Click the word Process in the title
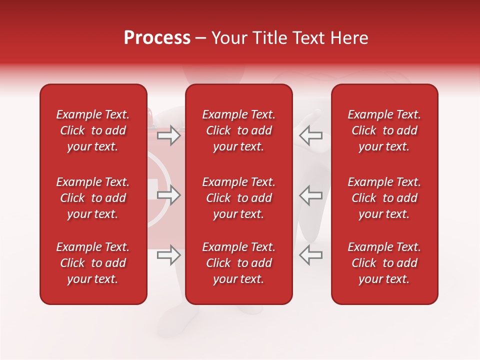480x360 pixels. (157, 38)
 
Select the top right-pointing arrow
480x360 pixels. (168, 135)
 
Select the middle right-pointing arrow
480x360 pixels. (168, 195)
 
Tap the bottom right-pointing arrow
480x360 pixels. (168, 255)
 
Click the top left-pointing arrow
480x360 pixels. (310, 135)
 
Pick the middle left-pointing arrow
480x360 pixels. (310, 195)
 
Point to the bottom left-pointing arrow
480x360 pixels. (310, 255)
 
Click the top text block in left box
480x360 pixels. (93, 130)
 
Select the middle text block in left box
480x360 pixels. (93, 198)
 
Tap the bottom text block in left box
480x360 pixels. (93, 263)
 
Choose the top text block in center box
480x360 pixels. (239, 130)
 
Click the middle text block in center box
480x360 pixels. (239, 198)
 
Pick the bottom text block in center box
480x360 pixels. (239, 263)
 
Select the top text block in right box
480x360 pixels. (384, 130)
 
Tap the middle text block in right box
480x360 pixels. (384, 198)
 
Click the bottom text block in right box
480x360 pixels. (384, 263)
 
